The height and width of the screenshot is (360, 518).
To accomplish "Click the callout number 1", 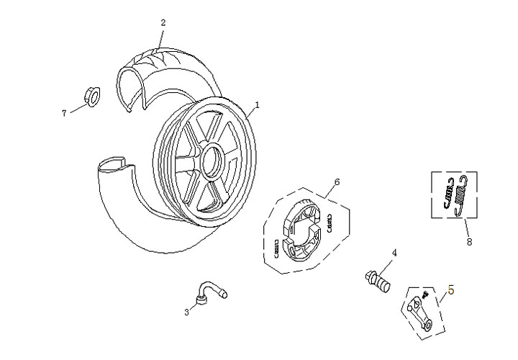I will [257, 104].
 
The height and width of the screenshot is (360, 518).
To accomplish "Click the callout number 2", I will [163, 22].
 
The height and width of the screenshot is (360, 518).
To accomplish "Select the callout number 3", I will [186, 312].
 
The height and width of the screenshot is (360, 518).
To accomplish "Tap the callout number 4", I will [394, 253].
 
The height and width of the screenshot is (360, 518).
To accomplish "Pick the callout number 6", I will [337, 183].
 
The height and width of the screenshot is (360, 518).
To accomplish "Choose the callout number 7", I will [63, 112].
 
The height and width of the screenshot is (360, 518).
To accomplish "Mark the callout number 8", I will [469, 242].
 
